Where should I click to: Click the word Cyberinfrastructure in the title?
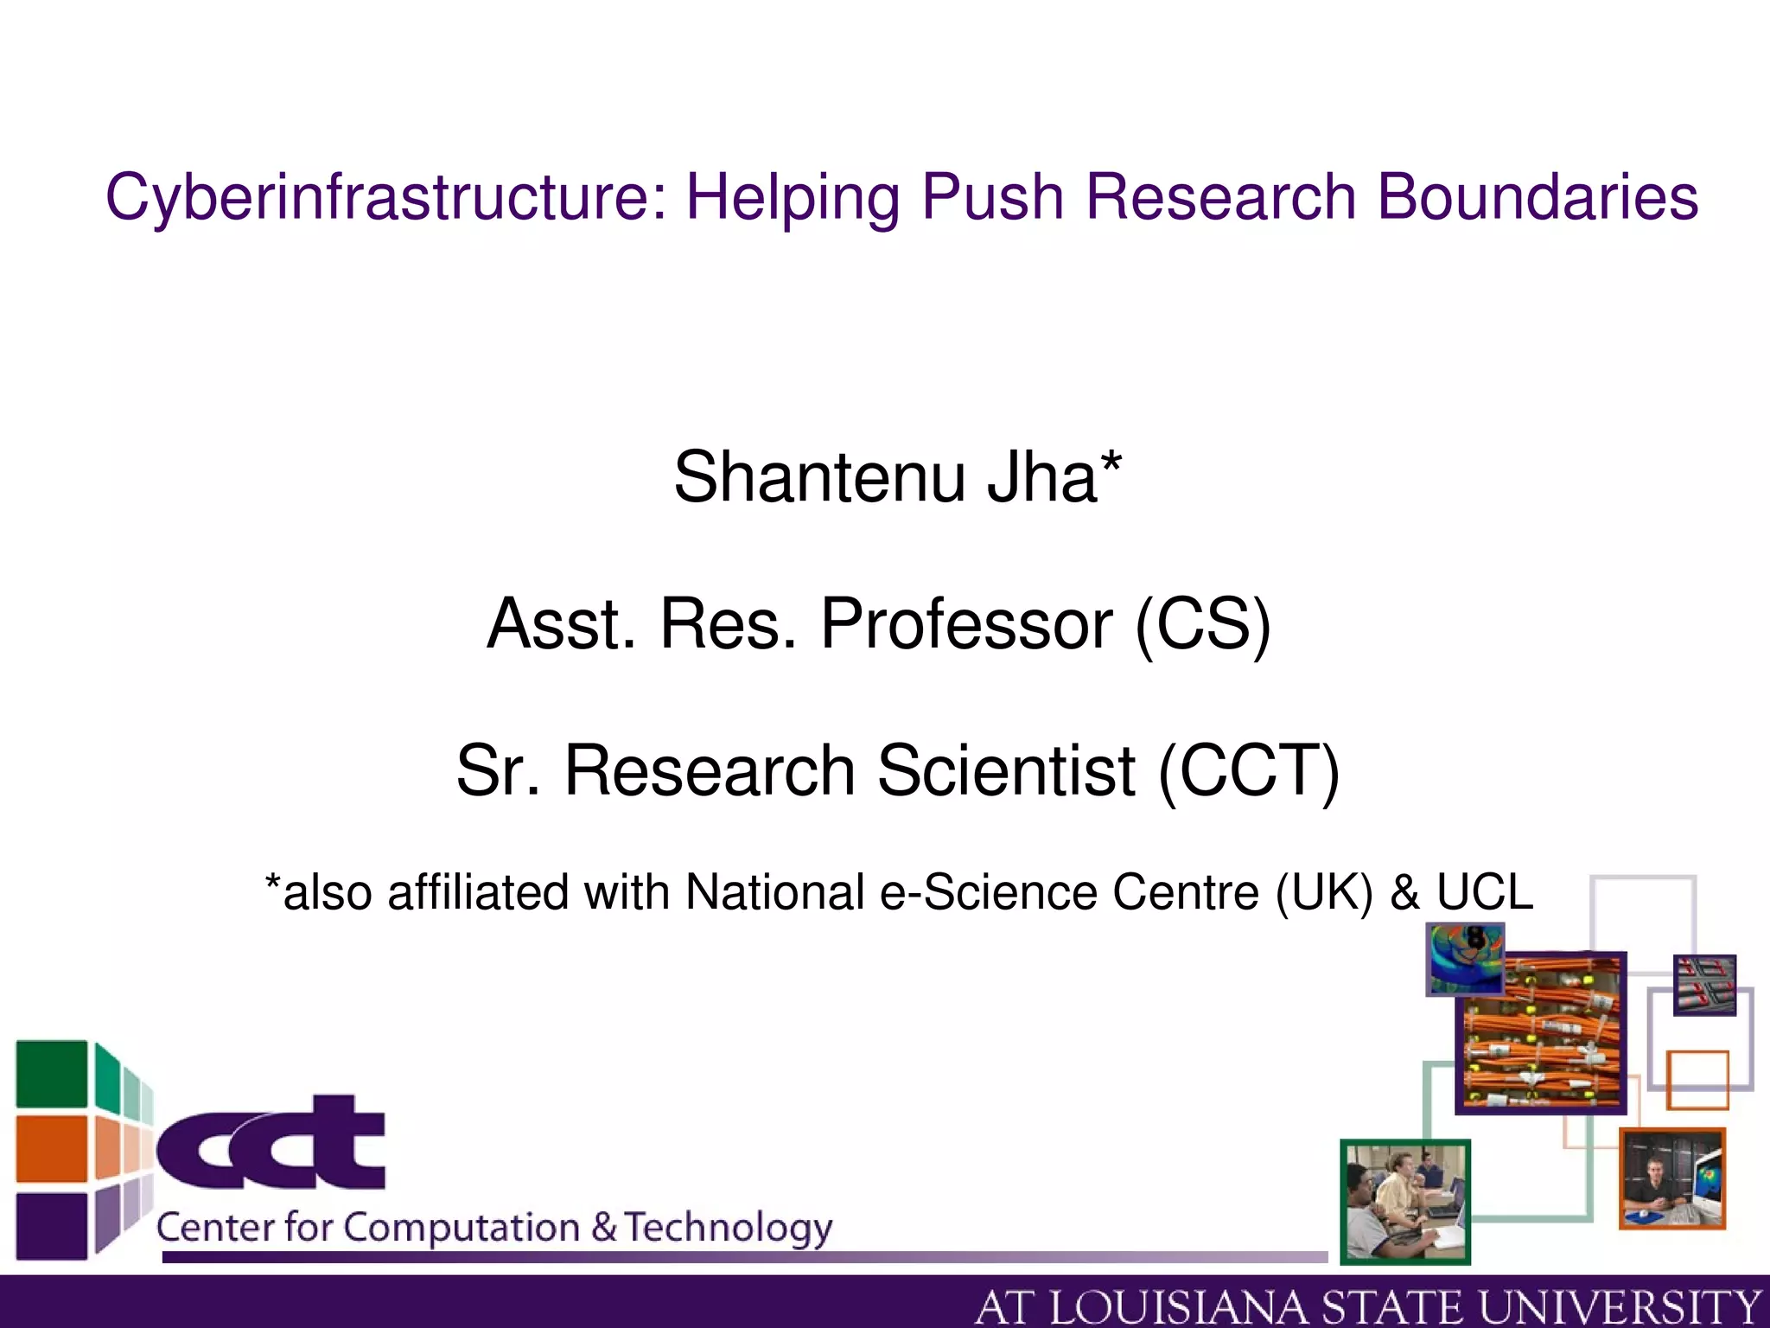(385, 197)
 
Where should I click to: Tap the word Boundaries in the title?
(1538, 197)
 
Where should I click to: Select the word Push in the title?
(992, 197)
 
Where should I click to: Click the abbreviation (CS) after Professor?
(1203, 623)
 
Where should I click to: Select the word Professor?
(966, 623)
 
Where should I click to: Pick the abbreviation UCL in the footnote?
(1485, 891)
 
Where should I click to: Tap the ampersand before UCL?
(1404, 891)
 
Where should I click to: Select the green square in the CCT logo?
(52, 1074)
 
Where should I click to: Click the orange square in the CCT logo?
(52, 1148)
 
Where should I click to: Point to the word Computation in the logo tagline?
(462, 1228)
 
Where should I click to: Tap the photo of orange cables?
(1541, 1033)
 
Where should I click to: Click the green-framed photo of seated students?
(1405, 1202)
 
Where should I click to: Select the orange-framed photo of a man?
(1672, 1178)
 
